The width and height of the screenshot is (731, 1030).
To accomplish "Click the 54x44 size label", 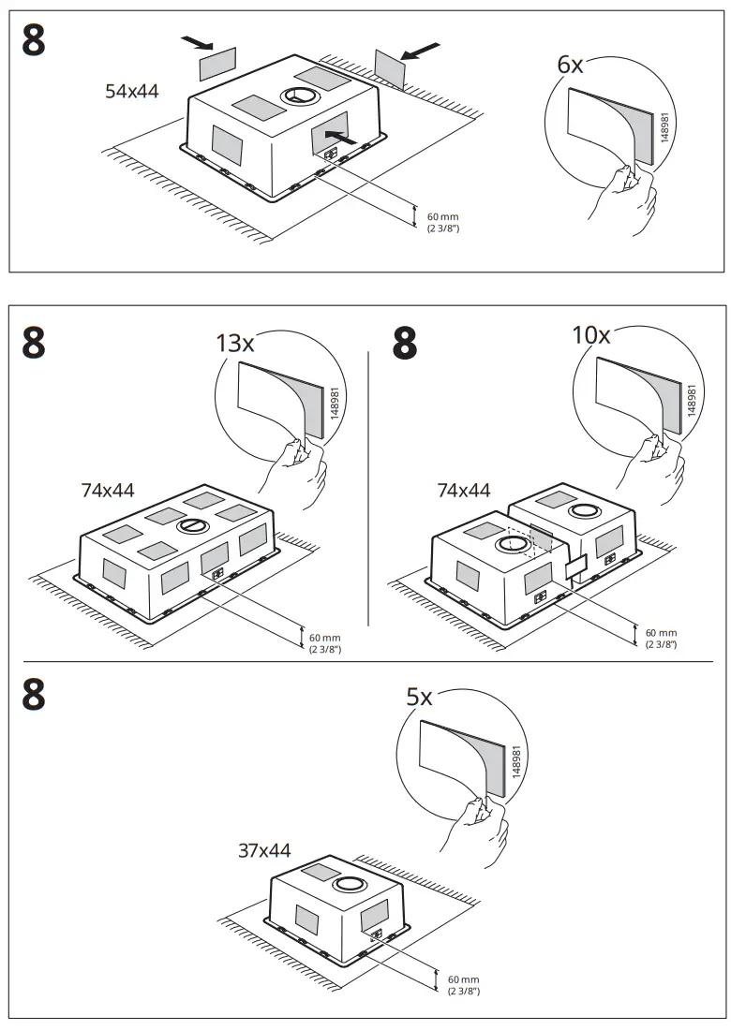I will (132, 92).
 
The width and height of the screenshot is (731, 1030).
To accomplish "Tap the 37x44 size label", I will (264, 851).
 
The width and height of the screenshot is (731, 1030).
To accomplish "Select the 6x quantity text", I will (570, 65).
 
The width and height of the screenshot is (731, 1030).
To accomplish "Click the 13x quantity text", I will (235, 344).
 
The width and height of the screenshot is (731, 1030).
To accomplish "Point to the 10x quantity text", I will (591, 335).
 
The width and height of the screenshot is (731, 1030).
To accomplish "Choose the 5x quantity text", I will (419, 698).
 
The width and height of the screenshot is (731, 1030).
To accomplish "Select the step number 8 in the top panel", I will (34, 40).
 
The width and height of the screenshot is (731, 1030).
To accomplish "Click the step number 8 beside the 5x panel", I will (34, 696).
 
